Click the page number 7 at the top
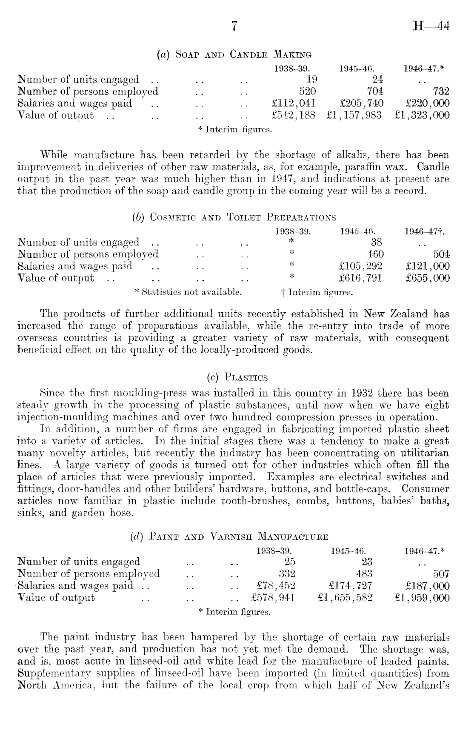233,26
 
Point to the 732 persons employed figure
440,91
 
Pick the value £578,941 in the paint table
273,598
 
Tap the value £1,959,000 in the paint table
422,598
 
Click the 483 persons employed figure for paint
364,573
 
